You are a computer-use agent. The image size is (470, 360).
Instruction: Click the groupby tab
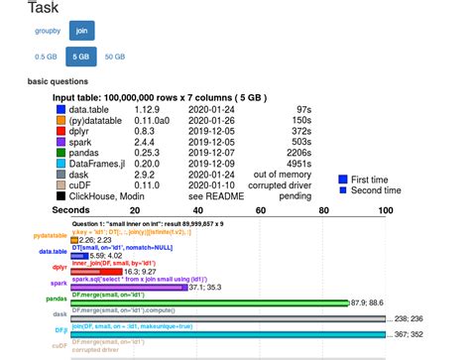[x=48, y=31]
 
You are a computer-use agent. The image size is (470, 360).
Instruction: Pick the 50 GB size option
[x=114, y=58]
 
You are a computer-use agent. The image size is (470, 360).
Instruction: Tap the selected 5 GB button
[x=79, y=58]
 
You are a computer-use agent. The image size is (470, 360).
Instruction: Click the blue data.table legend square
[x=60, y=110]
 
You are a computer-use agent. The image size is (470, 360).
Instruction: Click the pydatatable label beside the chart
[x=50, y=235]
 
